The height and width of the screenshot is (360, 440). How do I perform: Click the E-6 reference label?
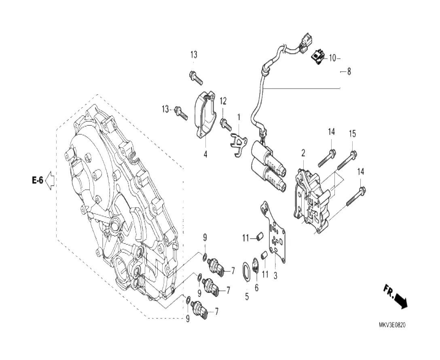[x=38, y=180]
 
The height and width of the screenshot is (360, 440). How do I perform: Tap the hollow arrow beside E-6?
[x=50, y=180]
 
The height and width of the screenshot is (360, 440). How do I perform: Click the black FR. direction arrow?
[x=400, y=302]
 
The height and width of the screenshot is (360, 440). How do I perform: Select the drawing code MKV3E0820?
[x=392, y=325]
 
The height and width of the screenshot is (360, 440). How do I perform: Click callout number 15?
[x=353, y=134]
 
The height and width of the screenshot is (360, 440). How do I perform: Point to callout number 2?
[x=303, y=153]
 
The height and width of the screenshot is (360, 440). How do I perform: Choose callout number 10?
[x=332, y=58]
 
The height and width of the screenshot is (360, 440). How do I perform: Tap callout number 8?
[x=349, y=71]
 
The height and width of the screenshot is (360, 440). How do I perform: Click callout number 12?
[x=223, y=101]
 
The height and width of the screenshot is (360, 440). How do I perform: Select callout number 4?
[x=205, y=154]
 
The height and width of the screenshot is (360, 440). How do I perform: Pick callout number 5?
[x=247, y=296]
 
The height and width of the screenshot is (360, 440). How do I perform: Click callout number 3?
[x=275, y=275]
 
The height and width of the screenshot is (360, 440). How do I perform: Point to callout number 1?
[x=239, y=117]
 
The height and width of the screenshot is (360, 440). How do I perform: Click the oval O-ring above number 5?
[x=246, y=271]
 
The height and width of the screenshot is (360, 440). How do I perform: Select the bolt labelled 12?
[x=226, y=125]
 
